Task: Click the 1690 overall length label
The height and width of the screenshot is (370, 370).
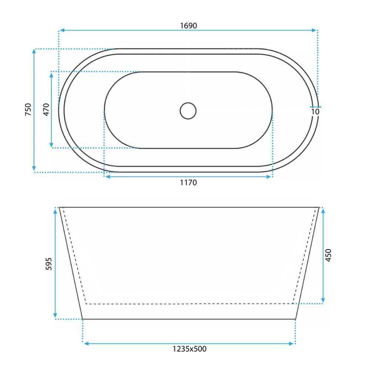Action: (188, 26)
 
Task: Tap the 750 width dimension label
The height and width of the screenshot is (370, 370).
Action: (28, 109)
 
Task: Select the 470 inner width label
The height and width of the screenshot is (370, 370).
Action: (46, 110)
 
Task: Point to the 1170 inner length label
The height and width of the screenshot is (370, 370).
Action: (188, 182)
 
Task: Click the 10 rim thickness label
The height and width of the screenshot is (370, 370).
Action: (315, 112)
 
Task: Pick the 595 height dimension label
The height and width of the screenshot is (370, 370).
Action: (48, 263)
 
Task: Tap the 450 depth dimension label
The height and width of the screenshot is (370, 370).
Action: (328, 255)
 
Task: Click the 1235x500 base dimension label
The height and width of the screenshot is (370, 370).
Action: (189, 349)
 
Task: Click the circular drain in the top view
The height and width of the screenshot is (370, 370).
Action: (188, 111)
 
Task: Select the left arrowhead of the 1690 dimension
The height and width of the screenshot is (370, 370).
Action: (62, 30)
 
